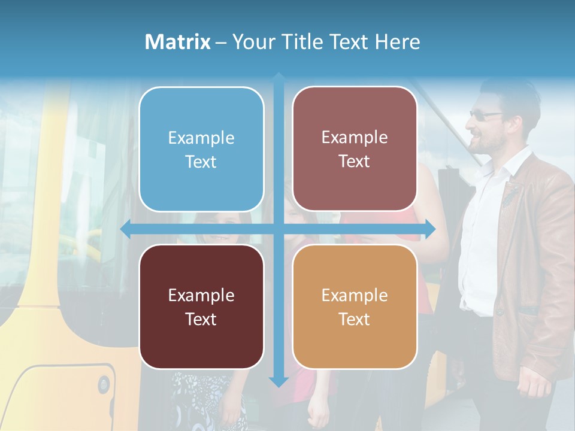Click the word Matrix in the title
[x=177, y=42]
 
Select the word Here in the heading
[x=397, y=42]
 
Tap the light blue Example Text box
[x=201, y=150]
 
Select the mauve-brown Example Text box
[x=355, y=149]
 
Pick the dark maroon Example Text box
[x=201, y=306]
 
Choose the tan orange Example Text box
[x=355, y=306]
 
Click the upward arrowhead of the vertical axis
[x=279, y=78]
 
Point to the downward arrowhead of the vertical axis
[x=279, y=381]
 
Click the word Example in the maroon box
[x=201, y=295]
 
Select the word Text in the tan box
[x=355, y=319]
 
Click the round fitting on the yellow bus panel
[x=104, y=384]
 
